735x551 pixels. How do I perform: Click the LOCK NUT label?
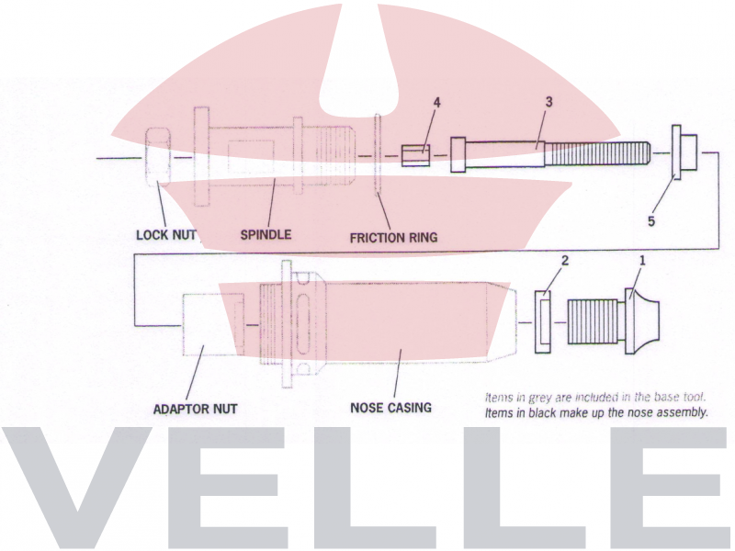[166, 235]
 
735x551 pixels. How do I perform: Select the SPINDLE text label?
[266, 235]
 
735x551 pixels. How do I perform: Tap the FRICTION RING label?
[393, 238]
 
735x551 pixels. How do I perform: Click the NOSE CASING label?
[390, 407]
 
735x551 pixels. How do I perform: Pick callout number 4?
[437, 103]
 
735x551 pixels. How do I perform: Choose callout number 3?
[548, 103]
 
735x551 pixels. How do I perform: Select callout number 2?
[565, 261]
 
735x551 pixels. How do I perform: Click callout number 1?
[642, 261]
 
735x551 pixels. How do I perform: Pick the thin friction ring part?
[378, 154]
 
